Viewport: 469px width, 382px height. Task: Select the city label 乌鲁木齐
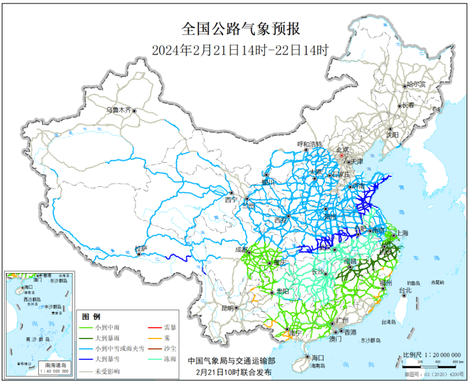[x=119, y=110]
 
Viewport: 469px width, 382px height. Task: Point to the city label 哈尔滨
[x=415, y=85]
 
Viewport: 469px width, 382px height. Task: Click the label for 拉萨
[x=141, y=248]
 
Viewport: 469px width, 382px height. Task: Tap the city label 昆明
[x=226, y=307]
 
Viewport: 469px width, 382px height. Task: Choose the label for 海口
[x=317, y=357]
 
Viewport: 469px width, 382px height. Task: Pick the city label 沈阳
[x=391, y=135]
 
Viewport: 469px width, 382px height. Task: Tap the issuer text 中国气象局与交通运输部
[x=232, y=361]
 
